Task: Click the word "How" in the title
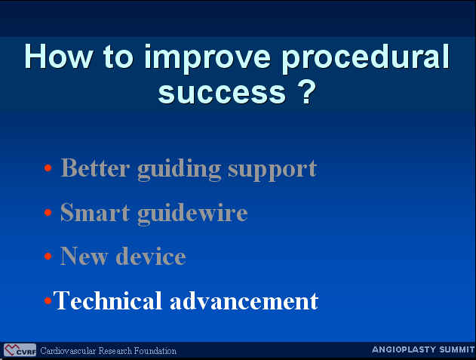pyautogui.click(x=59, y=56)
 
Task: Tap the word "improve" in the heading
pyautogui.click(x=207, y=59)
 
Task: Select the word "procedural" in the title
pyautogui.click(x=366, y=59)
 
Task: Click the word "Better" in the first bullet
pyautogui.click(x=95, y=168)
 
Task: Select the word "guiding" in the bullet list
pyautogui.click(x=179, y=170)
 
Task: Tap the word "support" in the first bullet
pyautogui.click(x=272, y=171)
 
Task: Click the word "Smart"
pyautogui.click(x=95, y=212)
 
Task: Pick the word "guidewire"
pyautogui.click(x=192, y=214)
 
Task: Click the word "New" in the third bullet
pyautogui.click(x=84, y=256)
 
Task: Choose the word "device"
pyautogui.click(x=151, y=256)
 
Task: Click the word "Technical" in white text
pyautogui.click(x=107, y=300)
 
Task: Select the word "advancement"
pyautogui.click(x=244, y=301)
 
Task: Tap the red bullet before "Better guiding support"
pyautogui.click(x=48, y=168)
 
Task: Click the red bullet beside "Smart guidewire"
pyautogui.click(x=48, y=212)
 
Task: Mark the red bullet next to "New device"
pyautogui.click(x=48, y=256)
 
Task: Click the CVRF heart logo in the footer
pyautogui.click(x=20, y=350)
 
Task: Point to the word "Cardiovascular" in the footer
pyautogui.click(x=68, y=351)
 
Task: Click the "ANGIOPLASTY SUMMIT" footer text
pyautogui.click(x=423, y=349)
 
